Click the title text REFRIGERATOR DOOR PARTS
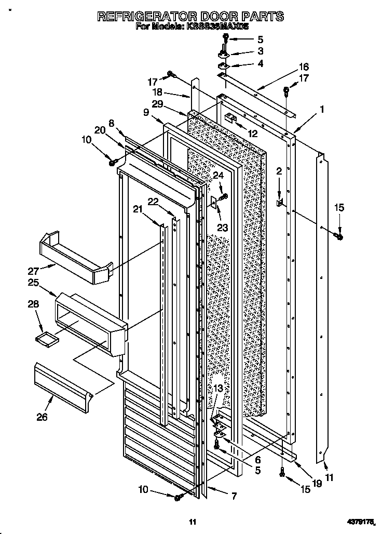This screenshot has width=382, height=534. [191, 16]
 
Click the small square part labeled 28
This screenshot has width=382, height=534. [45, 339]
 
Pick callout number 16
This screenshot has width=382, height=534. [304, 67]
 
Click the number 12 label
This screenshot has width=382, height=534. [252, 133]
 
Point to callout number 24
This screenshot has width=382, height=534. [219, 176]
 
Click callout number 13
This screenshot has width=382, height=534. [219, 389]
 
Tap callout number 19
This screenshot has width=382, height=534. [317, 483]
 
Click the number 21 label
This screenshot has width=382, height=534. [138, 209]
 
